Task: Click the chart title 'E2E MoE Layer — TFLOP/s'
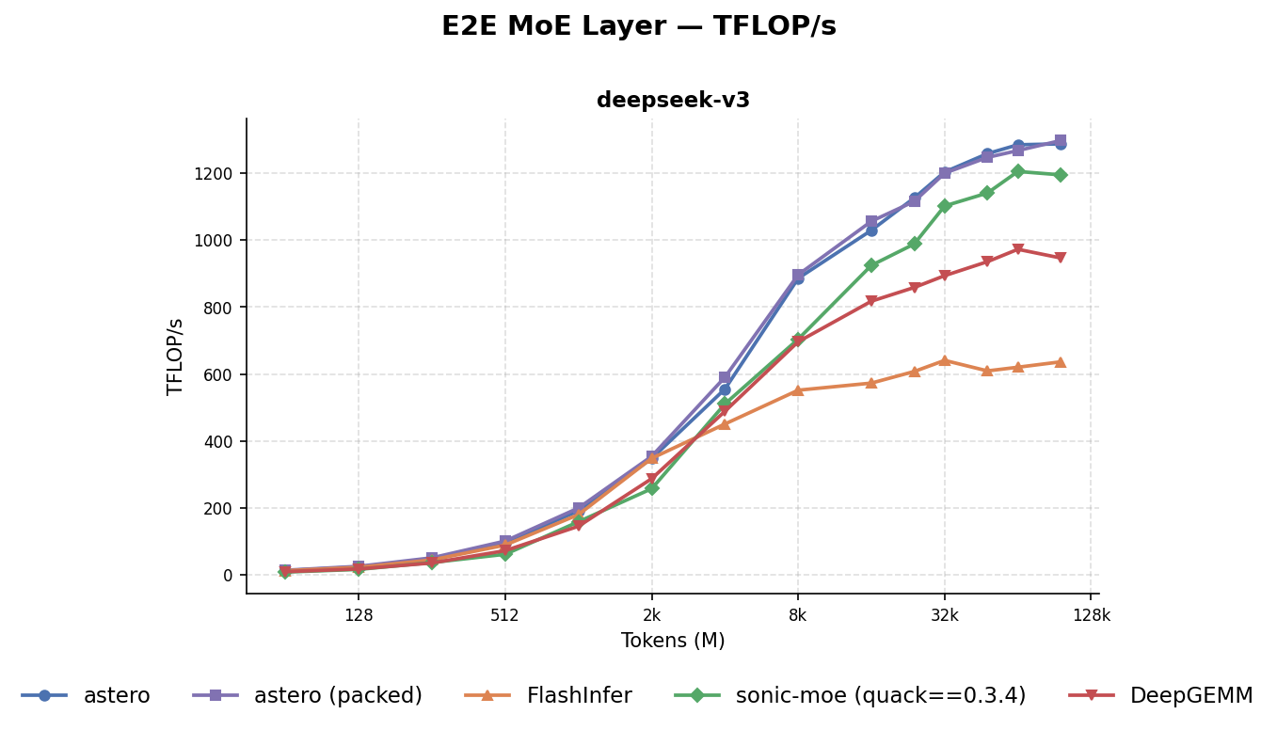coord(638,26)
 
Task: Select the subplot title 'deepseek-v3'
coord(673,101)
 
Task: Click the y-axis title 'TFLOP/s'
coord(175,356)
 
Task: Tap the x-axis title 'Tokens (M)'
coord(673,641)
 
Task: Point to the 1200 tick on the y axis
coord(214,173)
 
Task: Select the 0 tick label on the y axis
coord(227,575)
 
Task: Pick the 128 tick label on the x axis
coord(359,615)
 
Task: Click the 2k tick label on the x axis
coord(651,615)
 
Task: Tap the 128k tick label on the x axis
coord(1091,615)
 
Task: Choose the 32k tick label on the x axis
coord(944,615)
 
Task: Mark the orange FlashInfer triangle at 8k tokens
coord(798,389)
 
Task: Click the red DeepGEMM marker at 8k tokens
coord(798,341)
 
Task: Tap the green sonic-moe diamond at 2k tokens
coord(651,488)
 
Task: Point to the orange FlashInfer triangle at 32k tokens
coord(944,360)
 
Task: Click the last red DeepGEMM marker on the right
coord(1061,258)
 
